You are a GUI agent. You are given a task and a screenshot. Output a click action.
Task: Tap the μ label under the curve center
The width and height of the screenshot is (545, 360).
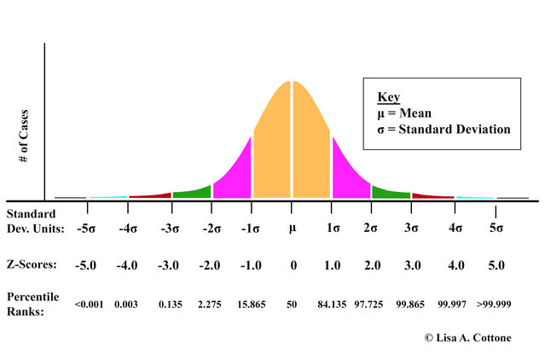click(292, 229)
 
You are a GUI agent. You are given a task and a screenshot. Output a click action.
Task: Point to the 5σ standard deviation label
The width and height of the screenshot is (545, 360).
click(496, 229)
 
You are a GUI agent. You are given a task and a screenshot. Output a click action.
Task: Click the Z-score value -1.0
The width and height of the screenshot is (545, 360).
click(251, 265)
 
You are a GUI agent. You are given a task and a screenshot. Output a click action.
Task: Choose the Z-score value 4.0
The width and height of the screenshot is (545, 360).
click(456, 265)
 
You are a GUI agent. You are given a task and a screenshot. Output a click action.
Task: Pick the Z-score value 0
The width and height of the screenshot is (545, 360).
click(293, 265)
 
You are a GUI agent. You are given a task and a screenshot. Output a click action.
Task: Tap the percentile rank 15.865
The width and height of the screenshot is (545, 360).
click(251, 304)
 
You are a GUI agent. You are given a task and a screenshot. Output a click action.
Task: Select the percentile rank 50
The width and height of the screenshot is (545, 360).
click(293, 304)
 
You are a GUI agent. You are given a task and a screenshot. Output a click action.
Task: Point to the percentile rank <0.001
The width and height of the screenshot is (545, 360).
click(89, 304)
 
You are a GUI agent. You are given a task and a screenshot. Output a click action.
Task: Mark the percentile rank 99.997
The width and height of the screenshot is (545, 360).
click(456, 304)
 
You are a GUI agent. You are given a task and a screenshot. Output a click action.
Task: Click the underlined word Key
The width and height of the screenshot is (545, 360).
click(388, 97)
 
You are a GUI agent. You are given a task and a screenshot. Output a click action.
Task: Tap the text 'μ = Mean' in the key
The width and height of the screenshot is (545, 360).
click(404, 113)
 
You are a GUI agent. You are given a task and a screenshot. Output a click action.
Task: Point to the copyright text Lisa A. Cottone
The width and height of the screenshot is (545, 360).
click(474, 338)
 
